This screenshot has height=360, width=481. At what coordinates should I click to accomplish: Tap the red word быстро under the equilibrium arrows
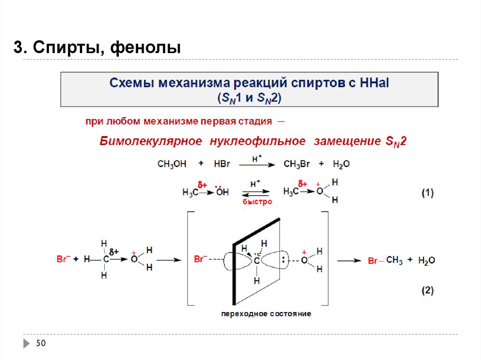257,202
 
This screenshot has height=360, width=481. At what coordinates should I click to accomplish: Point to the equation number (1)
427,193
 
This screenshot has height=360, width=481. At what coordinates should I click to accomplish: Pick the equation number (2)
427,291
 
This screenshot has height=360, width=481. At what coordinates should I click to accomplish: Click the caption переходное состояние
266,314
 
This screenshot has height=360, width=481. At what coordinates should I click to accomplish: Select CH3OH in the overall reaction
172,164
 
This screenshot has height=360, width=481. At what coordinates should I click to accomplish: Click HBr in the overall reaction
221,164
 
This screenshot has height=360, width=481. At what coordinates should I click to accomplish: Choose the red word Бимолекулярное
151,141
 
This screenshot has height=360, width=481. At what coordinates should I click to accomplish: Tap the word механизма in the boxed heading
192,83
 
